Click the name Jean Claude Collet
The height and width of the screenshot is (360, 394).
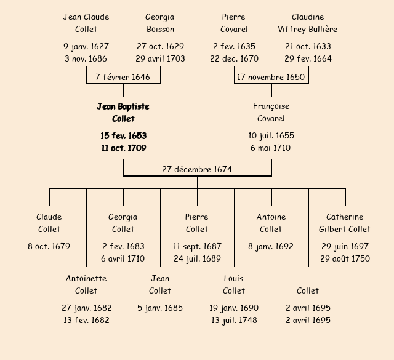[86, 23]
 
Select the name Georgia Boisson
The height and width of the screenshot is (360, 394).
[160, 23]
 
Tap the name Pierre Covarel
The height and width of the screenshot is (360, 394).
[234, 23]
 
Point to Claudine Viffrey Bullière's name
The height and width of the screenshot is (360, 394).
[308, 23]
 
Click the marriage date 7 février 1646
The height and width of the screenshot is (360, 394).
[123, 77]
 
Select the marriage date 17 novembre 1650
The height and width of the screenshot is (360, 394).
[271, 77]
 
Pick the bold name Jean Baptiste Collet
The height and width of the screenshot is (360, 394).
[123, 113]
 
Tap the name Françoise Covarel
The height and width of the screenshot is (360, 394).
[271, 113]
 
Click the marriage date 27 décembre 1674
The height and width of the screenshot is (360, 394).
[197, 169]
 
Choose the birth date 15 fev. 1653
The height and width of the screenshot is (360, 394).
[123, 135]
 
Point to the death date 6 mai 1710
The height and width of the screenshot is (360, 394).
[271, 148]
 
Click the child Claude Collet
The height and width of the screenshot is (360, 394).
[49, 223]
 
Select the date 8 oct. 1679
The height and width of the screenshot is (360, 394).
[49, 246]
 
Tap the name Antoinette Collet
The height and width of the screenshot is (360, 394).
[86, 285]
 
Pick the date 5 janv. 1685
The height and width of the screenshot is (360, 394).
[160, 308]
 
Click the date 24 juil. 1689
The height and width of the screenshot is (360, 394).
[197, 258]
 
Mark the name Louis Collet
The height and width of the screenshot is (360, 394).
[234, 285]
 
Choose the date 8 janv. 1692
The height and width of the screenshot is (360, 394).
[271, 246]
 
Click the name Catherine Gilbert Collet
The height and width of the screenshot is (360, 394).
[345, 223]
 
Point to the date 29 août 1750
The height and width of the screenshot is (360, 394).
[345, 258]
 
